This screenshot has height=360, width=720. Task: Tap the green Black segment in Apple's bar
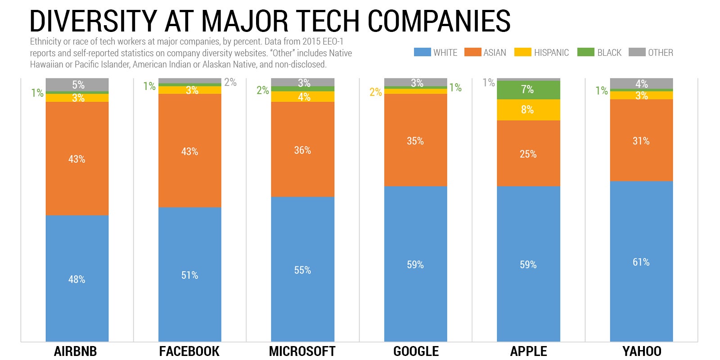coord(528,90)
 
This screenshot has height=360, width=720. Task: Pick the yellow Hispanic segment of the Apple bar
coord(528,109)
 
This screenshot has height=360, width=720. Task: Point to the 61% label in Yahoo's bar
coord(641,262)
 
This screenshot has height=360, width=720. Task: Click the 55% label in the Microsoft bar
coord(302,270)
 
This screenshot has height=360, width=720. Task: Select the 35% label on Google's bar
coord(415,141)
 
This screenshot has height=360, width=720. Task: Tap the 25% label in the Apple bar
coord(528,154)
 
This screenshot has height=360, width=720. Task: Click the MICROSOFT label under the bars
coord(302,351)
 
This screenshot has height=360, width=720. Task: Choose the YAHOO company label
coord(641,351)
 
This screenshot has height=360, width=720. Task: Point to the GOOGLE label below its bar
coord(416,351)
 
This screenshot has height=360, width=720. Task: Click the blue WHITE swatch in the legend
coord(422,52)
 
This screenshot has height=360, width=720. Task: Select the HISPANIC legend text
coord(551,53)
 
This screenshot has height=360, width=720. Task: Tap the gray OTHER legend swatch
coord(637,52)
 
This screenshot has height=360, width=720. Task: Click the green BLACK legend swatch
coord(585,52)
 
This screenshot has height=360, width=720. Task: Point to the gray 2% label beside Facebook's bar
coord(230,82)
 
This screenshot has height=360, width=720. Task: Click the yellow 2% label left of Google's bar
coord(375,92)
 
